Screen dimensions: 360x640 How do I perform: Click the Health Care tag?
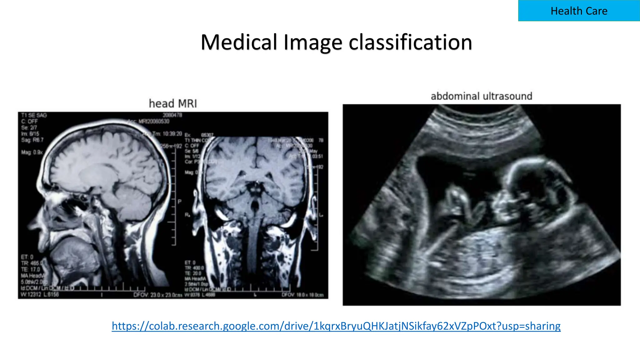pos(579,11)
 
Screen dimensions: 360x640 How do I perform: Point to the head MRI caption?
pos(173,103)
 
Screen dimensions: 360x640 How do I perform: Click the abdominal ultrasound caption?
pos(481,96)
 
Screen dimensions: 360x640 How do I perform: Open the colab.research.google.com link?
pos(336,326)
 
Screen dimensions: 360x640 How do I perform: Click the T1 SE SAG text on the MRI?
pos(34,115)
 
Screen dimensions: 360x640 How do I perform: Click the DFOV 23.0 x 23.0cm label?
pos(157,295)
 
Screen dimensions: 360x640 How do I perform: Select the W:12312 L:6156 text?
pos(40,294)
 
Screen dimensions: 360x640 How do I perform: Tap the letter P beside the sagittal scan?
pos(180,202)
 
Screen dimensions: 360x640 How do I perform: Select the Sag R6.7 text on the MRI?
pos(32,140)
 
